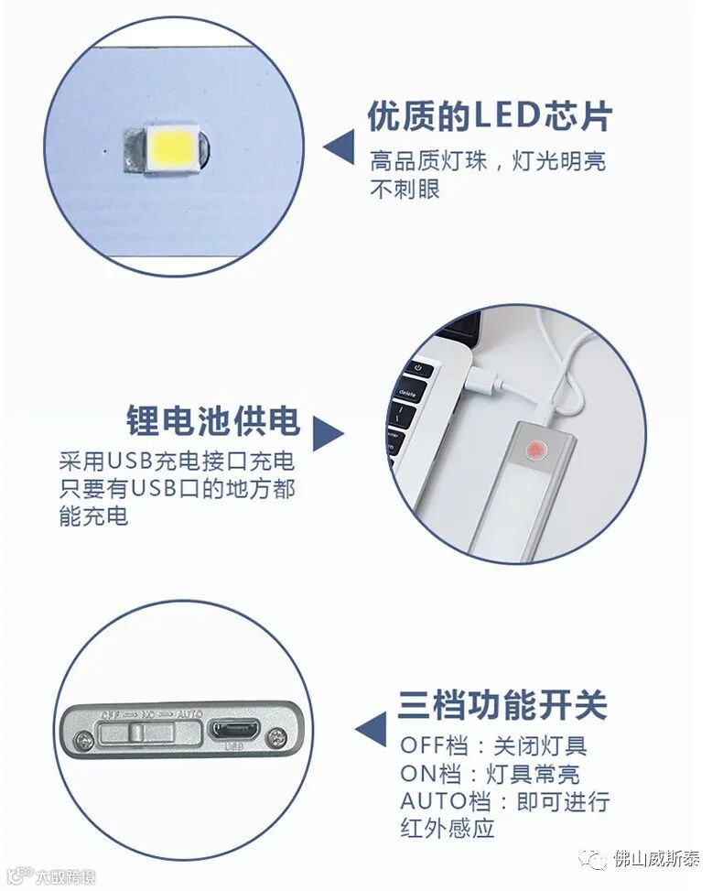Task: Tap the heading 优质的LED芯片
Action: click(490, 116)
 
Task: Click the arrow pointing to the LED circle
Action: click(339, 147)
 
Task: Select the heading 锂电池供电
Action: click(213, 420)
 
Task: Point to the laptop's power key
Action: click(418, 368)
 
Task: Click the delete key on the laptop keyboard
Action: click(408, 393)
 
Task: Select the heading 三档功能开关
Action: click(503, 705)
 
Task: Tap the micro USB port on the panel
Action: click(235, 729)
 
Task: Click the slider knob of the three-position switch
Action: click(136, 732)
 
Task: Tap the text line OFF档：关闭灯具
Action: click(493, 745)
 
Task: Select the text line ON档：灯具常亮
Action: click(491, 773)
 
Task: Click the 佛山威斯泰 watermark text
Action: click(656, 858)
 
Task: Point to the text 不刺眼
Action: click(405, 189)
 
